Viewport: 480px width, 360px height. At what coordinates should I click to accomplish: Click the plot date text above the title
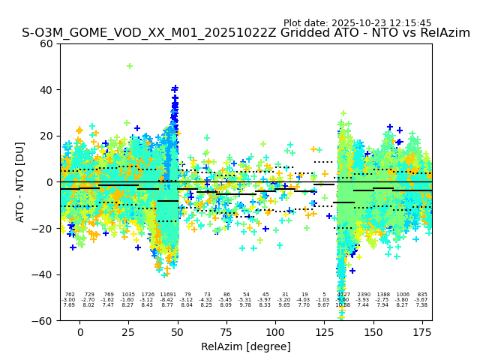coord(357,23)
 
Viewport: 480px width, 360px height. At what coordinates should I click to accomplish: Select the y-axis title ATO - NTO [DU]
coord(20,181)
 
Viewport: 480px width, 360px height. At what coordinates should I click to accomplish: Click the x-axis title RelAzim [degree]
coord(245,346)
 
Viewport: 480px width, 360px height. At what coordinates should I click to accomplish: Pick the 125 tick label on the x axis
coord(324,331)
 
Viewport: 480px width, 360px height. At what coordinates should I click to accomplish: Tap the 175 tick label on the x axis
coord(422,331)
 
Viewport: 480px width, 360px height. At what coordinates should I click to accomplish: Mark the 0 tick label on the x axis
coord(80,331)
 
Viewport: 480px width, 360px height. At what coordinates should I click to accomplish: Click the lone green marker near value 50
coord(130,66)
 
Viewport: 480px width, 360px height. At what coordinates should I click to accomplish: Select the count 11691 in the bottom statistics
coord(167,295)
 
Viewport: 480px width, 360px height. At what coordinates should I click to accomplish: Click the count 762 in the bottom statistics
coord(70,295)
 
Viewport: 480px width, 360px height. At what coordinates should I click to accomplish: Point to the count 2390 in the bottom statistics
coord(364,295)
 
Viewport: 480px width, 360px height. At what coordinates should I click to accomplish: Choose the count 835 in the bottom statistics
coord(421,295)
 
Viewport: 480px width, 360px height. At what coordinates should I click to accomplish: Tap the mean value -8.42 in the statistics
coord(166,300)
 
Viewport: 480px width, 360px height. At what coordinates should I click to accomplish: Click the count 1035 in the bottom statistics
coord(128,295)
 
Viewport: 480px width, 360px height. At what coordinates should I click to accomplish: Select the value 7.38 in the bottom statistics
coord(421,305)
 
